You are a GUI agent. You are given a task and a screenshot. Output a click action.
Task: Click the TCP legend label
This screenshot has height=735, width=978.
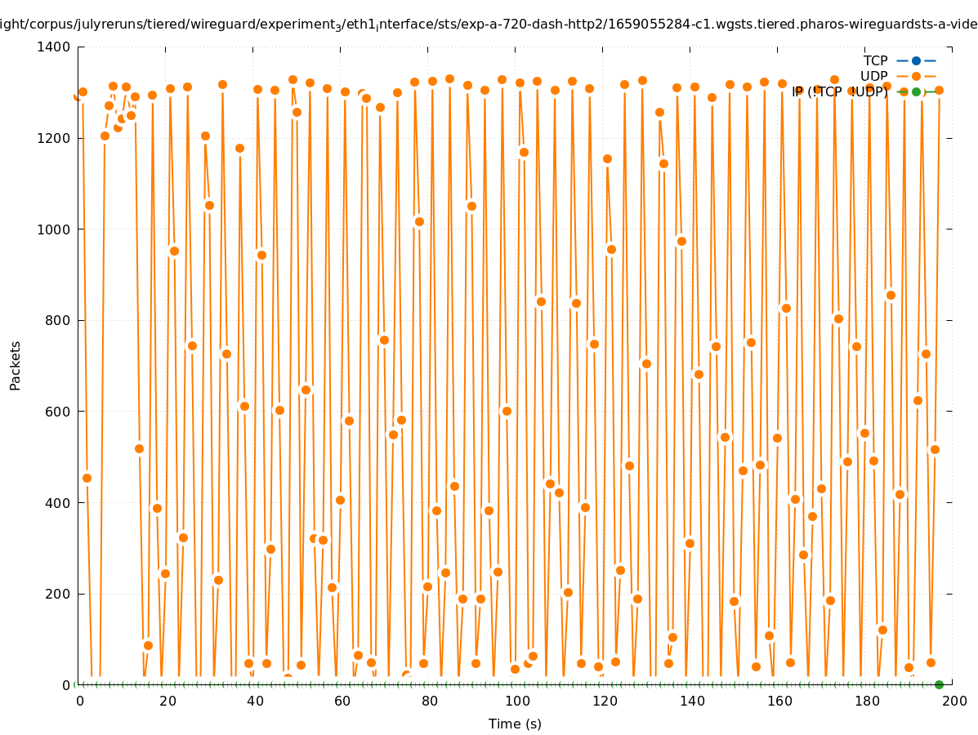click(875, 60)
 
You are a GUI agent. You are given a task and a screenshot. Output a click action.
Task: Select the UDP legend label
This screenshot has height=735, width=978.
click(873, 76)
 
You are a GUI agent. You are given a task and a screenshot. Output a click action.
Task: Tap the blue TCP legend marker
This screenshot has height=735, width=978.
click(916, 60)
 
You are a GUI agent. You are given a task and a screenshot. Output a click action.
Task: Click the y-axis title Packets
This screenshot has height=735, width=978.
click(16, 365)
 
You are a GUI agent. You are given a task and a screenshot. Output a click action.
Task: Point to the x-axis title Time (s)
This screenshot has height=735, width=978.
click(515, 724)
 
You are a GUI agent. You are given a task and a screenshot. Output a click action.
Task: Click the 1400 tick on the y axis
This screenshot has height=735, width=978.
click(54, 47)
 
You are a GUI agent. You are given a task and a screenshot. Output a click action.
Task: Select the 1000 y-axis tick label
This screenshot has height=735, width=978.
click(54, 229)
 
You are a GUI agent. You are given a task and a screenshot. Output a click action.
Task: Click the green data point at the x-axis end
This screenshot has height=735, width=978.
click(939, 684)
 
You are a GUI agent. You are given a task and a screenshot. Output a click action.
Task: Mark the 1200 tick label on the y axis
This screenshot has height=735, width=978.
click(54, 138)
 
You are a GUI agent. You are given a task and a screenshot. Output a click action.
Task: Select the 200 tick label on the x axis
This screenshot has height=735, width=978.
click(953, 701)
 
